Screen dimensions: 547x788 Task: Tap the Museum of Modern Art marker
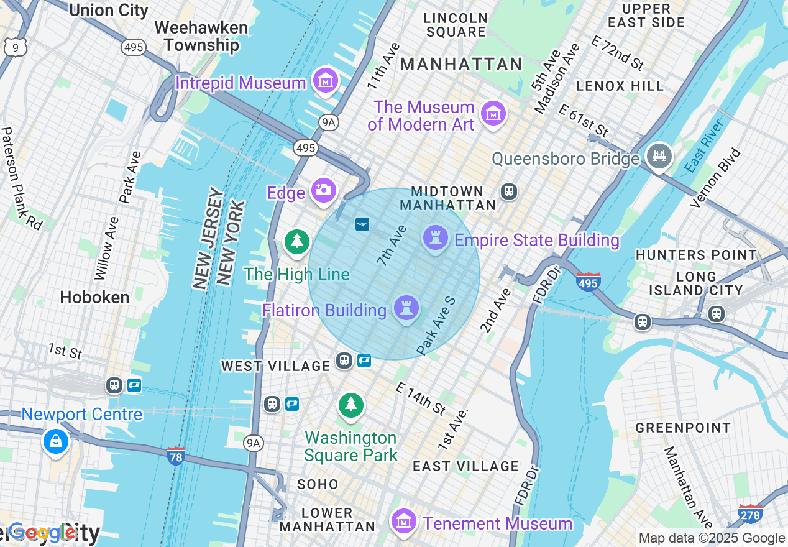click(493, 113)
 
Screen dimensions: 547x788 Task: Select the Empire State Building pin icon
click(436, 237)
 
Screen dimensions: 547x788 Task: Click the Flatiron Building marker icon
click(406, 307)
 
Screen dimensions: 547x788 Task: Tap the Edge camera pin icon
click(323, 190)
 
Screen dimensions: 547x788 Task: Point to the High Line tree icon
click(297, 241)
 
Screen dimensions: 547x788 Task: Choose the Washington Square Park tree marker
click(351, 404)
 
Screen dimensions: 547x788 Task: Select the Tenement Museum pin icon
click(405, 521)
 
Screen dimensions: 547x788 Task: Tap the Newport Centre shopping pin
click(55, 441)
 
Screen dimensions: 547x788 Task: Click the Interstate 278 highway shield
click(751, 514)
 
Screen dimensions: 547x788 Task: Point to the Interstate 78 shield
click(176, 456)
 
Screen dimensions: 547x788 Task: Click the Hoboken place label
click(94, 297)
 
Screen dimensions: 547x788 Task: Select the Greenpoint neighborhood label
click(683, 428)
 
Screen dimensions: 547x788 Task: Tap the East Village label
click(465, 466)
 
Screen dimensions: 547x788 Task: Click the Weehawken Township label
click(201, 36)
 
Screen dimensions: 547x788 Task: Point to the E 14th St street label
click(421, 399)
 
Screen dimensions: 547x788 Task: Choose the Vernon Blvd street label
click(716, 177)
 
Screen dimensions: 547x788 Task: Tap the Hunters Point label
click(696, 255)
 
